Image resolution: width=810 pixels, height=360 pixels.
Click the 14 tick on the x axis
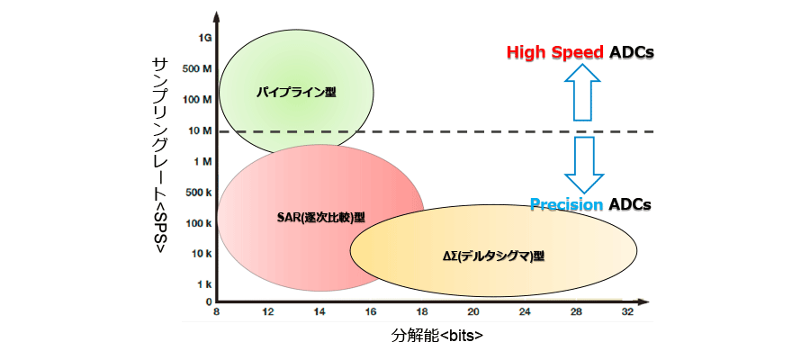coord(319,312)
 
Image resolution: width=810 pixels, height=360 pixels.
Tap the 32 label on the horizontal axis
coord(627,312)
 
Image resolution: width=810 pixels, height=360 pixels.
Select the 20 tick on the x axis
coord(473,312)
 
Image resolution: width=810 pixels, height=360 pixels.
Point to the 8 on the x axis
coord(217,312)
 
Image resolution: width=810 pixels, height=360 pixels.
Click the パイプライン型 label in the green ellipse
coord(296,93)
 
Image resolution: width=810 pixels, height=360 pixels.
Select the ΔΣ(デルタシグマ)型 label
coord(494,256)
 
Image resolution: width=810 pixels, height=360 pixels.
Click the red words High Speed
coord(555,52)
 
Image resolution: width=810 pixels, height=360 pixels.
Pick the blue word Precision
coord(567,204)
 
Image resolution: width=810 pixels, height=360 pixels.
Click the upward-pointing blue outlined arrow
coord(582,92)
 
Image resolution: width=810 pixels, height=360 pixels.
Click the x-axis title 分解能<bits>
coord(437,335)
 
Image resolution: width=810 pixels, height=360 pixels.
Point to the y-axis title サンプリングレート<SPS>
coord(159,156)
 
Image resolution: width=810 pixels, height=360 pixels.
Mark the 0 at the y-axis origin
coord(209,301)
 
